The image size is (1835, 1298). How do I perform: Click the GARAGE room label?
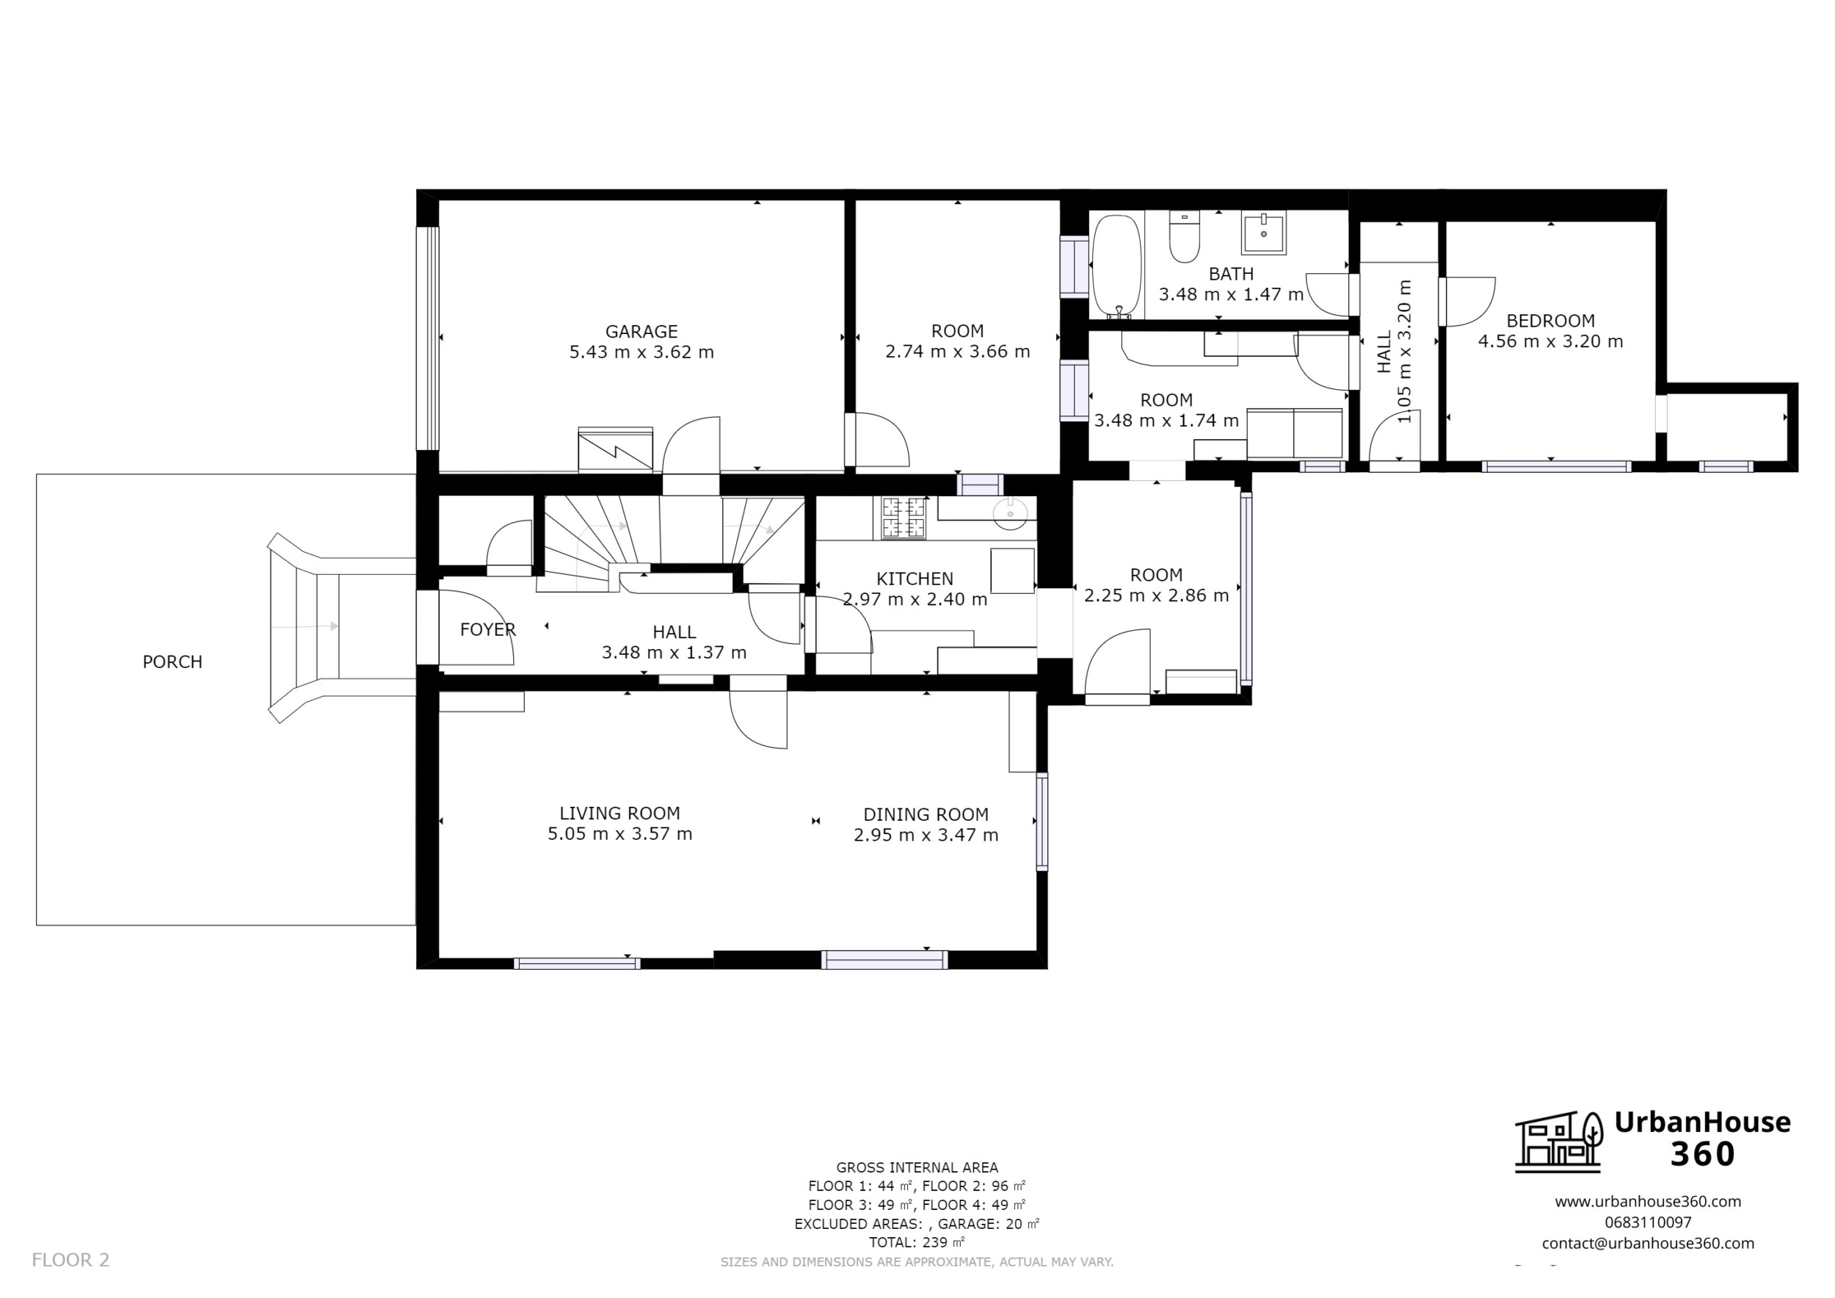tap(641, 331)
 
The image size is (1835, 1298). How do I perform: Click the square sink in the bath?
tap(1263, 233)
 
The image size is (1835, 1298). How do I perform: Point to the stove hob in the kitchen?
tap(903, 517)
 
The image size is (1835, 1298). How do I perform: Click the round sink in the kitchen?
tap(1010, 514)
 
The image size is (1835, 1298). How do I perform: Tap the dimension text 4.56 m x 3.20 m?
tap(1549, 342)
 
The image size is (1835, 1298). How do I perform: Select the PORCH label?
tap(172, 661)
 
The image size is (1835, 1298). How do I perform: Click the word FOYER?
tap(487, 630)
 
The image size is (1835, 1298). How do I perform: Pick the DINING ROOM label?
tap(926, 814)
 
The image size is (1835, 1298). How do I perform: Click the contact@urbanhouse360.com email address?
tap(1647, 1244)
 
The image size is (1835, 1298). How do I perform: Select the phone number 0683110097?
tap(1647, 1223)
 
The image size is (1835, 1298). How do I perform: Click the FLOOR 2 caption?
tap(70, 1261)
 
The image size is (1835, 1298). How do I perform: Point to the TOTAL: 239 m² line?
tap(916, 1243)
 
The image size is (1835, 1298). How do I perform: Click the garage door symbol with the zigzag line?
tap(615, 450)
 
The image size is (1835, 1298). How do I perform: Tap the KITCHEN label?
tap(915, 579)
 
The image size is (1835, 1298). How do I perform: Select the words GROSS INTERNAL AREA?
tap(916, 1168)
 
